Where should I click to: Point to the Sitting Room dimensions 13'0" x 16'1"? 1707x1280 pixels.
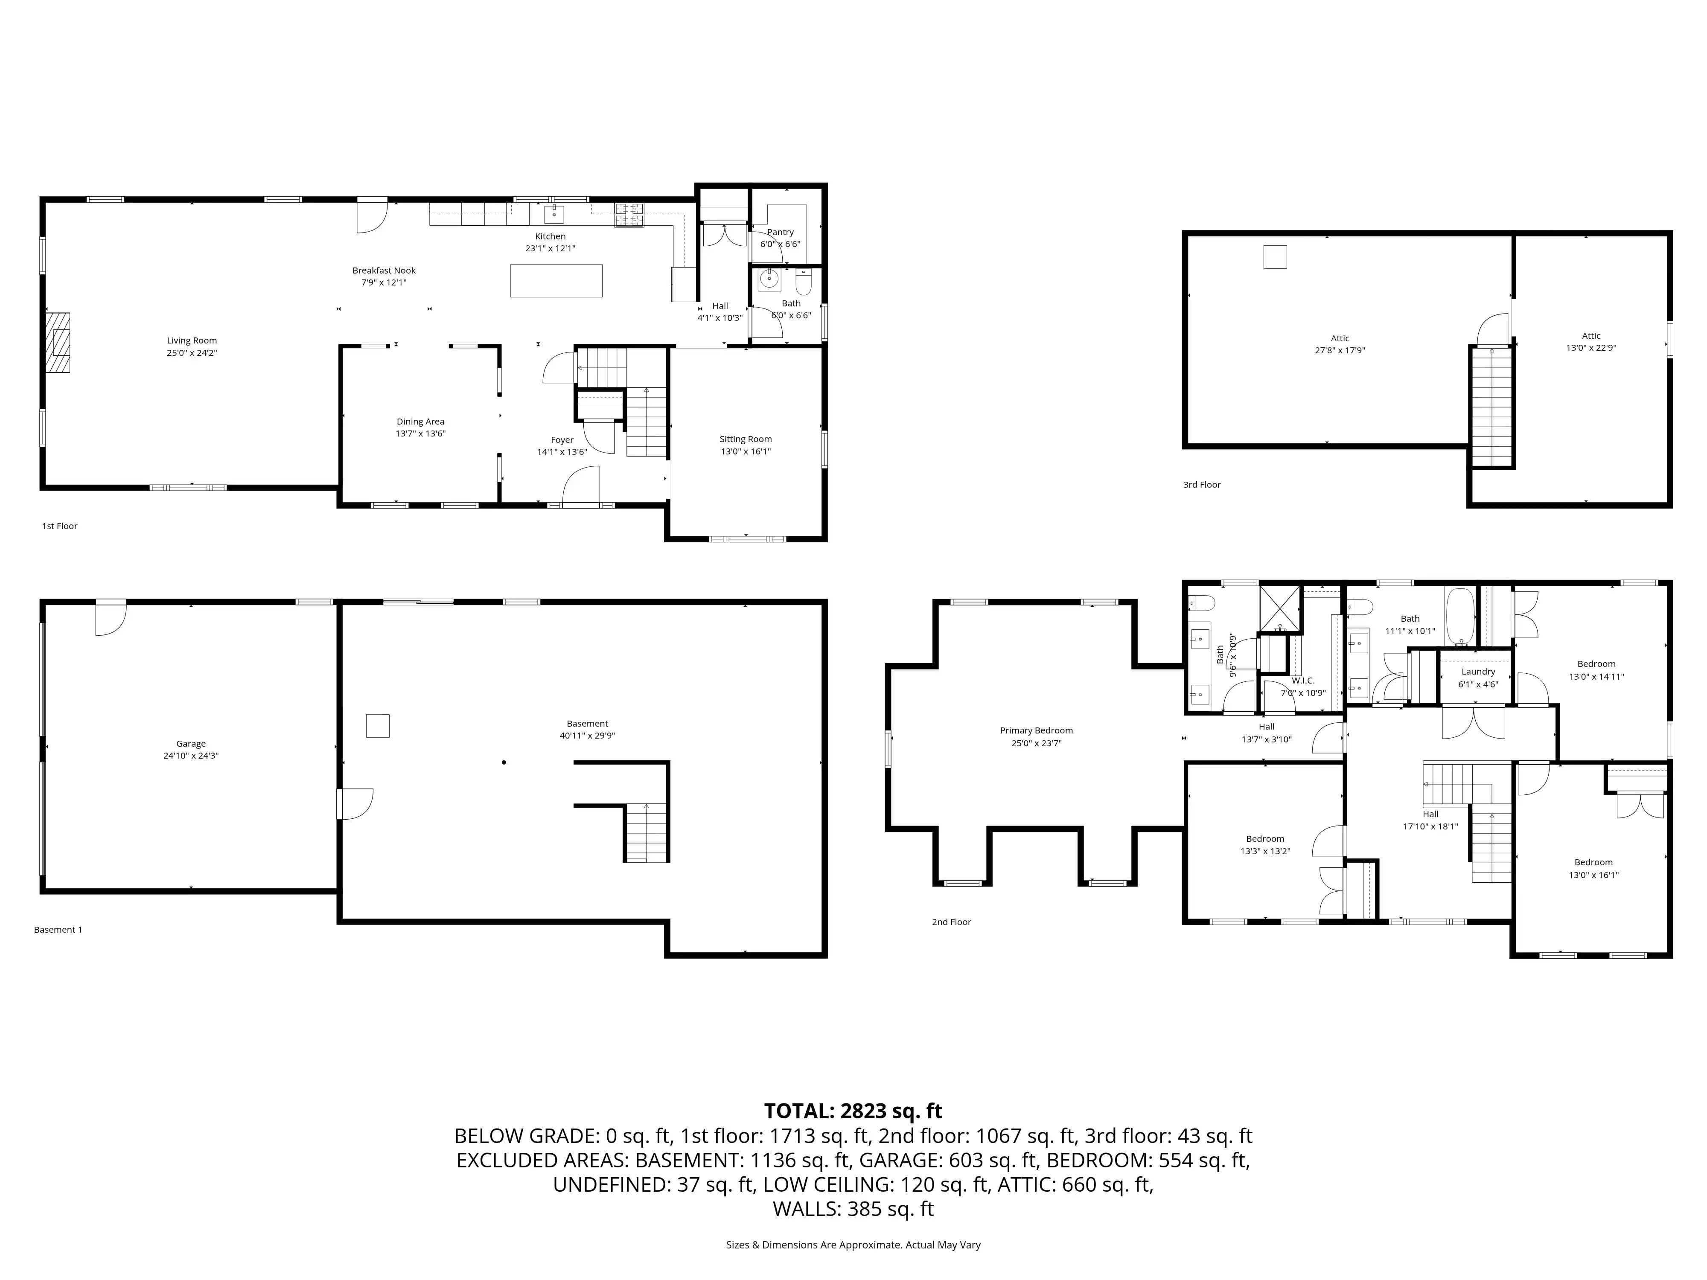746,451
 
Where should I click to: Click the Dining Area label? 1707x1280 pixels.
421,421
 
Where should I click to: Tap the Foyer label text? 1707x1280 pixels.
562,440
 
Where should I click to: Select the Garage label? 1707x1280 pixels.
191,744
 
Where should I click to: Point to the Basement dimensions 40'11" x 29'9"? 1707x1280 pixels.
587,735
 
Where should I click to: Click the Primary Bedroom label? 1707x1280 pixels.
1037,730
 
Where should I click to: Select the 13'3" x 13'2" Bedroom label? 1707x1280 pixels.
1266,839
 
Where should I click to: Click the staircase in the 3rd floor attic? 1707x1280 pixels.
1491,407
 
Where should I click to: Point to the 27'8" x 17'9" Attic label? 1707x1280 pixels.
1340,338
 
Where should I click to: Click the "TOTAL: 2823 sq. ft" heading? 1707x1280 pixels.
853,1111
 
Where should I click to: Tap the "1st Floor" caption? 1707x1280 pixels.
59,526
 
